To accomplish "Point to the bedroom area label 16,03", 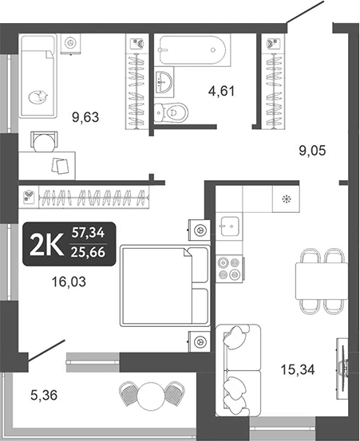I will [68, 281].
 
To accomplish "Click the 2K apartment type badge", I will [49, 242].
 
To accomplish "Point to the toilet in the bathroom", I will [167, 111].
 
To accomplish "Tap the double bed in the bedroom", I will [164, 285].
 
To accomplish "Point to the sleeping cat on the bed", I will [36, 96].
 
